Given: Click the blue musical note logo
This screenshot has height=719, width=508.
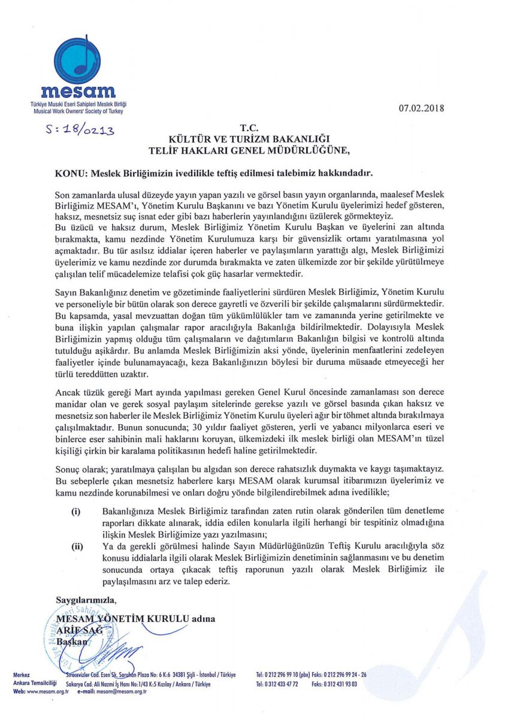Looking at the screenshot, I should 77,59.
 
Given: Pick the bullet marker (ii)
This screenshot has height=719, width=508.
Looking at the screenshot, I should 77,546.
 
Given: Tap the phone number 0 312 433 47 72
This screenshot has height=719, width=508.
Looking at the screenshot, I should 279,683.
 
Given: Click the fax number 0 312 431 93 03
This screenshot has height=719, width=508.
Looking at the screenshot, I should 341,683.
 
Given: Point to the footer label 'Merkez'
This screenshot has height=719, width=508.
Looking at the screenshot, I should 22,675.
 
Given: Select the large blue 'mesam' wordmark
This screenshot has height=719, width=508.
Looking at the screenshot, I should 78,93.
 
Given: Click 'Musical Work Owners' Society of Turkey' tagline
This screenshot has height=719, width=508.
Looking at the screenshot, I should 78,112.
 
